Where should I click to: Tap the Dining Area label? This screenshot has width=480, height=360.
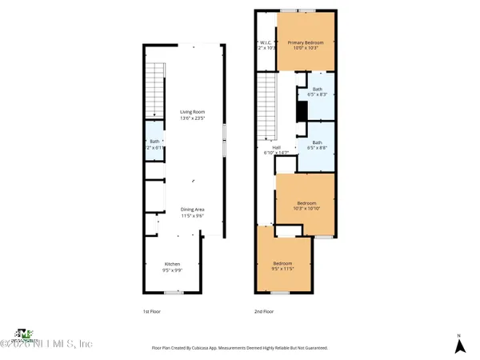191,213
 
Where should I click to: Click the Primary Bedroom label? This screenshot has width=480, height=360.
303,46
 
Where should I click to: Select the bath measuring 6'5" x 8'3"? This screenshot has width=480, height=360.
318,92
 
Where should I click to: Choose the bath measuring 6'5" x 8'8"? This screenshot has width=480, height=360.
318,145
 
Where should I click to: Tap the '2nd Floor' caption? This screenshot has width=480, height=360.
264,311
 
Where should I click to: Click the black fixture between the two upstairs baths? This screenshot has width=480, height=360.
301,111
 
